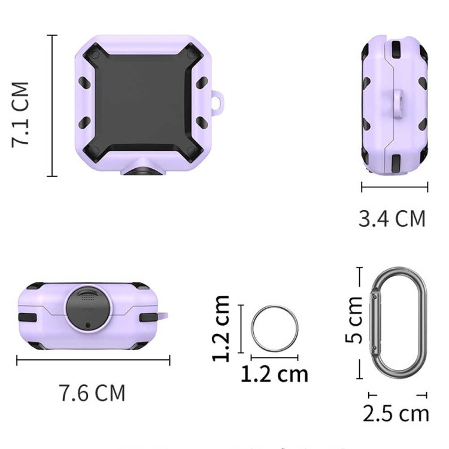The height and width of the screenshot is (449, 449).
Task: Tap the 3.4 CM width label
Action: (392, 219)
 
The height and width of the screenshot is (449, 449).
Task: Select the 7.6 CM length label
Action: (92, 393)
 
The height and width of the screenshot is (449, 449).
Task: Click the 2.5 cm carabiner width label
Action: (396, 413)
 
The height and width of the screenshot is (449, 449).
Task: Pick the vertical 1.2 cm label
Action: (222, 329)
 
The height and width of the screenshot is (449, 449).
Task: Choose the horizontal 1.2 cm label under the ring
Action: (274, 374)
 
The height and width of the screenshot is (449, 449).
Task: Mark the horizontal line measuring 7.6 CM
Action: (93, 360)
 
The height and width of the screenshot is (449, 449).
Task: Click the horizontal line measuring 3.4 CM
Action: (395, 187)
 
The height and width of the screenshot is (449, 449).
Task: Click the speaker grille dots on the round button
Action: (88, 296)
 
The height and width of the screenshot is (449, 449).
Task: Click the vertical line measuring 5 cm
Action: (360, 323)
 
